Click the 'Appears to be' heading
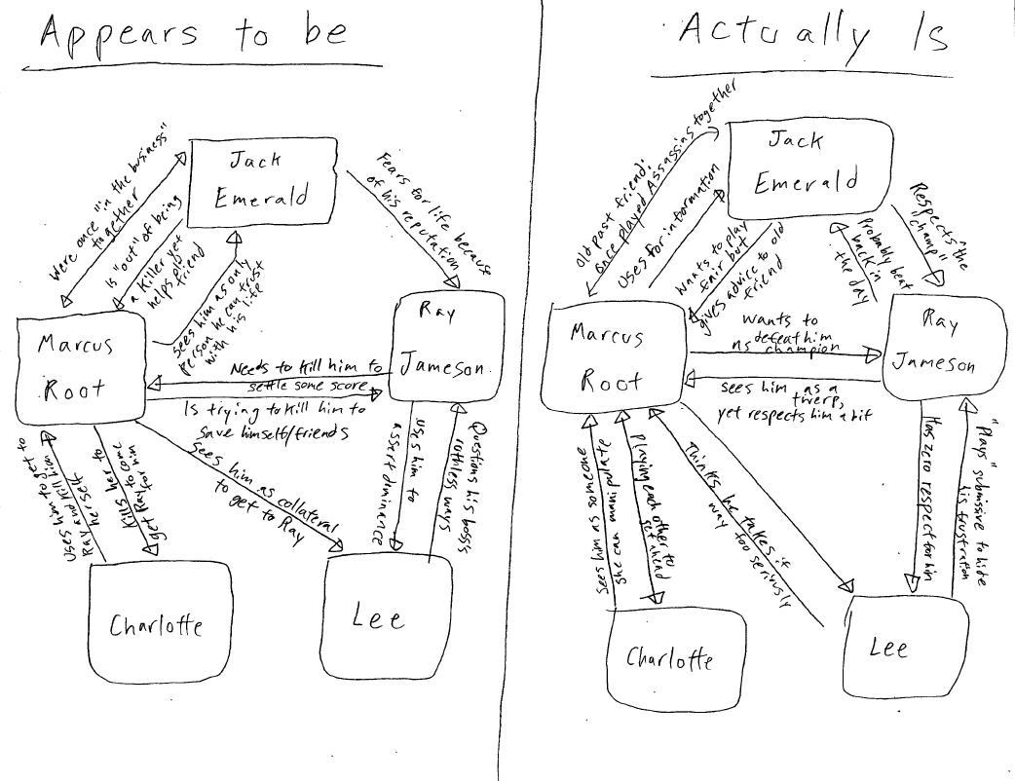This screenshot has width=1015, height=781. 192,35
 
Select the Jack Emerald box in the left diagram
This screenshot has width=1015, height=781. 263,181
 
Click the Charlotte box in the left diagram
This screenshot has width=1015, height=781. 159,622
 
